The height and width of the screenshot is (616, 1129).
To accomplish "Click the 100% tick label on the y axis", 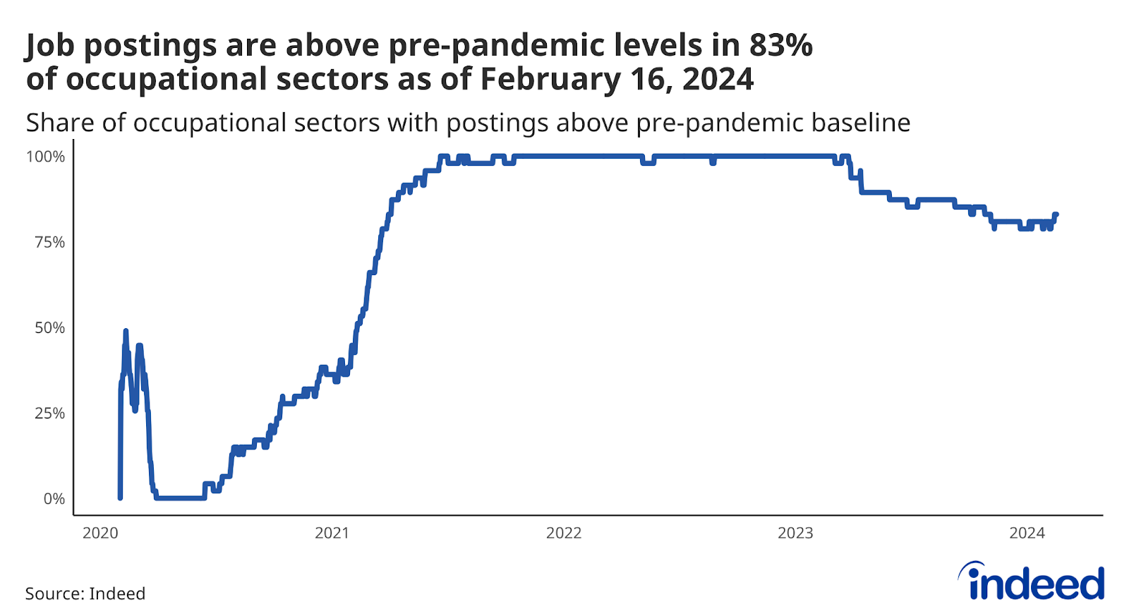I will pyautogui.click(x=45, y=157).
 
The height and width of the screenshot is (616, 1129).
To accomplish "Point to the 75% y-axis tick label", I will pyautogui.click(x=49, y=242).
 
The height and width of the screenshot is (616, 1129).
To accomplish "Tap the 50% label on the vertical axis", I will pyautogui.click(x=49, y=327).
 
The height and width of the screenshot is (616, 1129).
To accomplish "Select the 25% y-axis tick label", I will pyautogui.click(x=49, y=413).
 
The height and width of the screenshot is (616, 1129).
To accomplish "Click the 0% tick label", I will pyautogui.click(x=54, y=499).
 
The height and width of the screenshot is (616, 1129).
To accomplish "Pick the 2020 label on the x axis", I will pyautogui.click(x=100, y=533).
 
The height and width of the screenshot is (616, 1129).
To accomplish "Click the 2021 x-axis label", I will pyautogui.click(x=332, y=533).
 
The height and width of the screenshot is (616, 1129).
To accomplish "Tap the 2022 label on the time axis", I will pyautogui.click(x=564, y=533).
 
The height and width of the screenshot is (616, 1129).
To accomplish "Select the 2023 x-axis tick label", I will pyautogui.click(x=795, y=533).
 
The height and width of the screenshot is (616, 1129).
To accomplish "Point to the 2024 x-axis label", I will pyautogui.click(x=1027, y=533).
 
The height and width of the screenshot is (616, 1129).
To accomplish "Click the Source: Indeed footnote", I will pyautogui.click(x=85, y=593).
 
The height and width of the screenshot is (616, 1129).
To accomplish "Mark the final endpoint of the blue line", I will pyautogui.click(x=1056, y=215).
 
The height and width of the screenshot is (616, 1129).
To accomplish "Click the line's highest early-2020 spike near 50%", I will pyautogui.click(x=126, y=331).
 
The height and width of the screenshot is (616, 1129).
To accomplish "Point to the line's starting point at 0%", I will pyautogui.click(x=120, y=498).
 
